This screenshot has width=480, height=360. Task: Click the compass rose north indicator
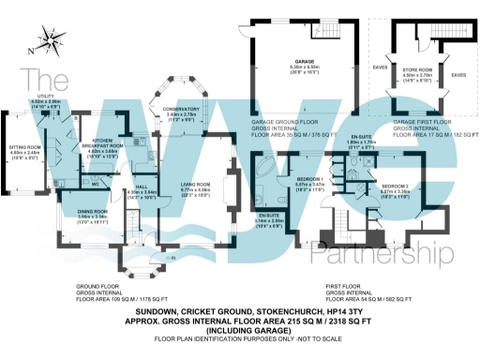click(x=50, y=42)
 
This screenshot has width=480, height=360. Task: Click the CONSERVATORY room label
click(x=182, y=108)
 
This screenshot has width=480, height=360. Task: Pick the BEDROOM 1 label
click(x=310, y=178)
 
